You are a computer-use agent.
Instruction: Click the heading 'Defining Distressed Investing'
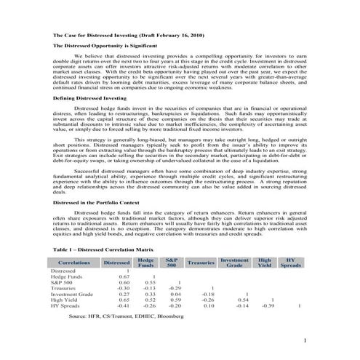(x=90, y=99)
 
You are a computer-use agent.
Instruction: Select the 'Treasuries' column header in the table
(x=200, y=262)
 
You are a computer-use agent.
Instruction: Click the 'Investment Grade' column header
(x=234, y=262)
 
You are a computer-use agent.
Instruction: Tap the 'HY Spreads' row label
(x=67, y=305)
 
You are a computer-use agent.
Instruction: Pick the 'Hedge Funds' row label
(x=68, y=276)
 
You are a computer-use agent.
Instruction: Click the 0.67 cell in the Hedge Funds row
(x=123, y=276)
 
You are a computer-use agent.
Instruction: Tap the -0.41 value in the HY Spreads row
(x=121, y=305)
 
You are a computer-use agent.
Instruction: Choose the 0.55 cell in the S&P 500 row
(x=150, y=281)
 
